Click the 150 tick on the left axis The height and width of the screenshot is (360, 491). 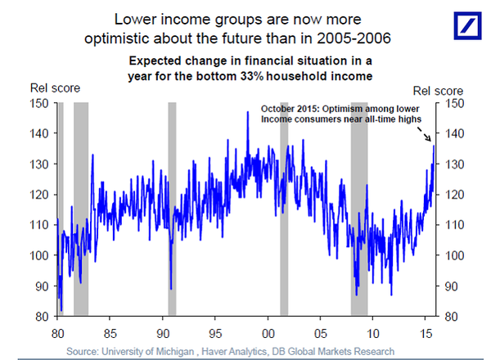[38, 103]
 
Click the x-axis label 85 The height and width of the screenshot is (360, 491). [110, 335]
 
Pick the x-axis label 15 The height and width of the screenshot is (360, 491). [427, 335]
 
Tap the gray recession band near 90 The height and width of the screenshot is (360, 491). [172, 209]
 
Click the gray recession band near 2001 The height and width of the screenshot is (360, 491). [284, 209]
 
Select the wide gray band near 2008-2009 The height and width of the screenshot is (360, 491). [359, 209]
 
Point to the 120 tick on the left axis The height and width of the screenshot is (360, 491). [38, 195]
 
